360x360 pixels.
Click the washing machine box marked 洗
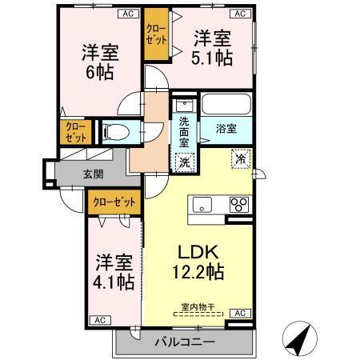185,160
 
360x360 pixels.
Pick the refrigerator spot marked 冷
239,158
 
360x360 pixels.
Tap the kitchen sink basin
200,203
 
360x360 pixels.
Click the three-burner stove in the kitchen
238,205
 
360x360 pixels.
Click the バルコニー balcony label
185,342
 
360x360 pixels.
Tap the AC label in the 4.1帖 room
101,320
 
